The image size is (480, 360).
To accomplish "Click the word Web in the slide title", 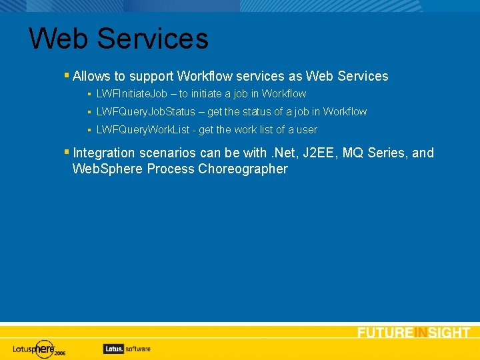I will pyautogui.click(x=58, y=38).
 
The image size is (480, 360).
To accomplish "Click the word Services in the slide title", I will pyautogui.click(x=153, y=38).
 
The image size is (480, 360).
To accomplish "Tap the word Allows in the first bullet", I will pyautogui.click(x=91, y=76).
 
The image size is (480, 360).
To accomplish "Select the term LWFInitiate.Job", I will pyautogui.click(x=132, y=94).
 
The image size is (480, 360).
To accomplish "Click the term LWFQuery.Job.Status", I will pyautogui.click(x=146, y=112).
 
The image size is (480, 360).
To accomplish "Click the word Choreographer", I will pyautogui.click(x=243, y=169).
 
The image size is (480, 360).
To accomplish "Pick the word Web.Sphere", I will pyautogui.click(x=107, y=169).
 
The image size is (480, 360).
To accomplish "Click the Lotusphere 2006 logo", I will pyautogui.click(x=39, y=348).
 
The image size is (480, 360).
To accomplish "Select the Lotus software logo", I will pyautogui.click(x=127, y=348).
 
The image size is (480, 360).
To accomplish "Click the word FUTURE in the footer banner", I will pyautogui.click(x=385, y=333).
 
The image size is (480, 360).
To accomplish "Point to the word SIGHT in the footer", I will pyautogui.click(x=449, y=333).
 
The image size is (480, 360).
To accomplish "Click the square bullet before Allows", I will pyautogui.click(x=67, y=75).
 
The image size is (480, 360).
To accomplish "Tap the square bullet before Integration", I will pyautogui.click(x=67, y=152).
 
